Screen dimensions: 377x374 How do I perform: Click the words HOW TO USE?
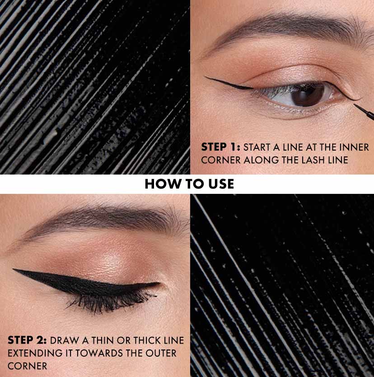tap(189, 184)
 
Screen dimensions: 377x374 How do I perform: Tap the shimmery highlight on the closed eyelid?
tap(108, 262)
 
